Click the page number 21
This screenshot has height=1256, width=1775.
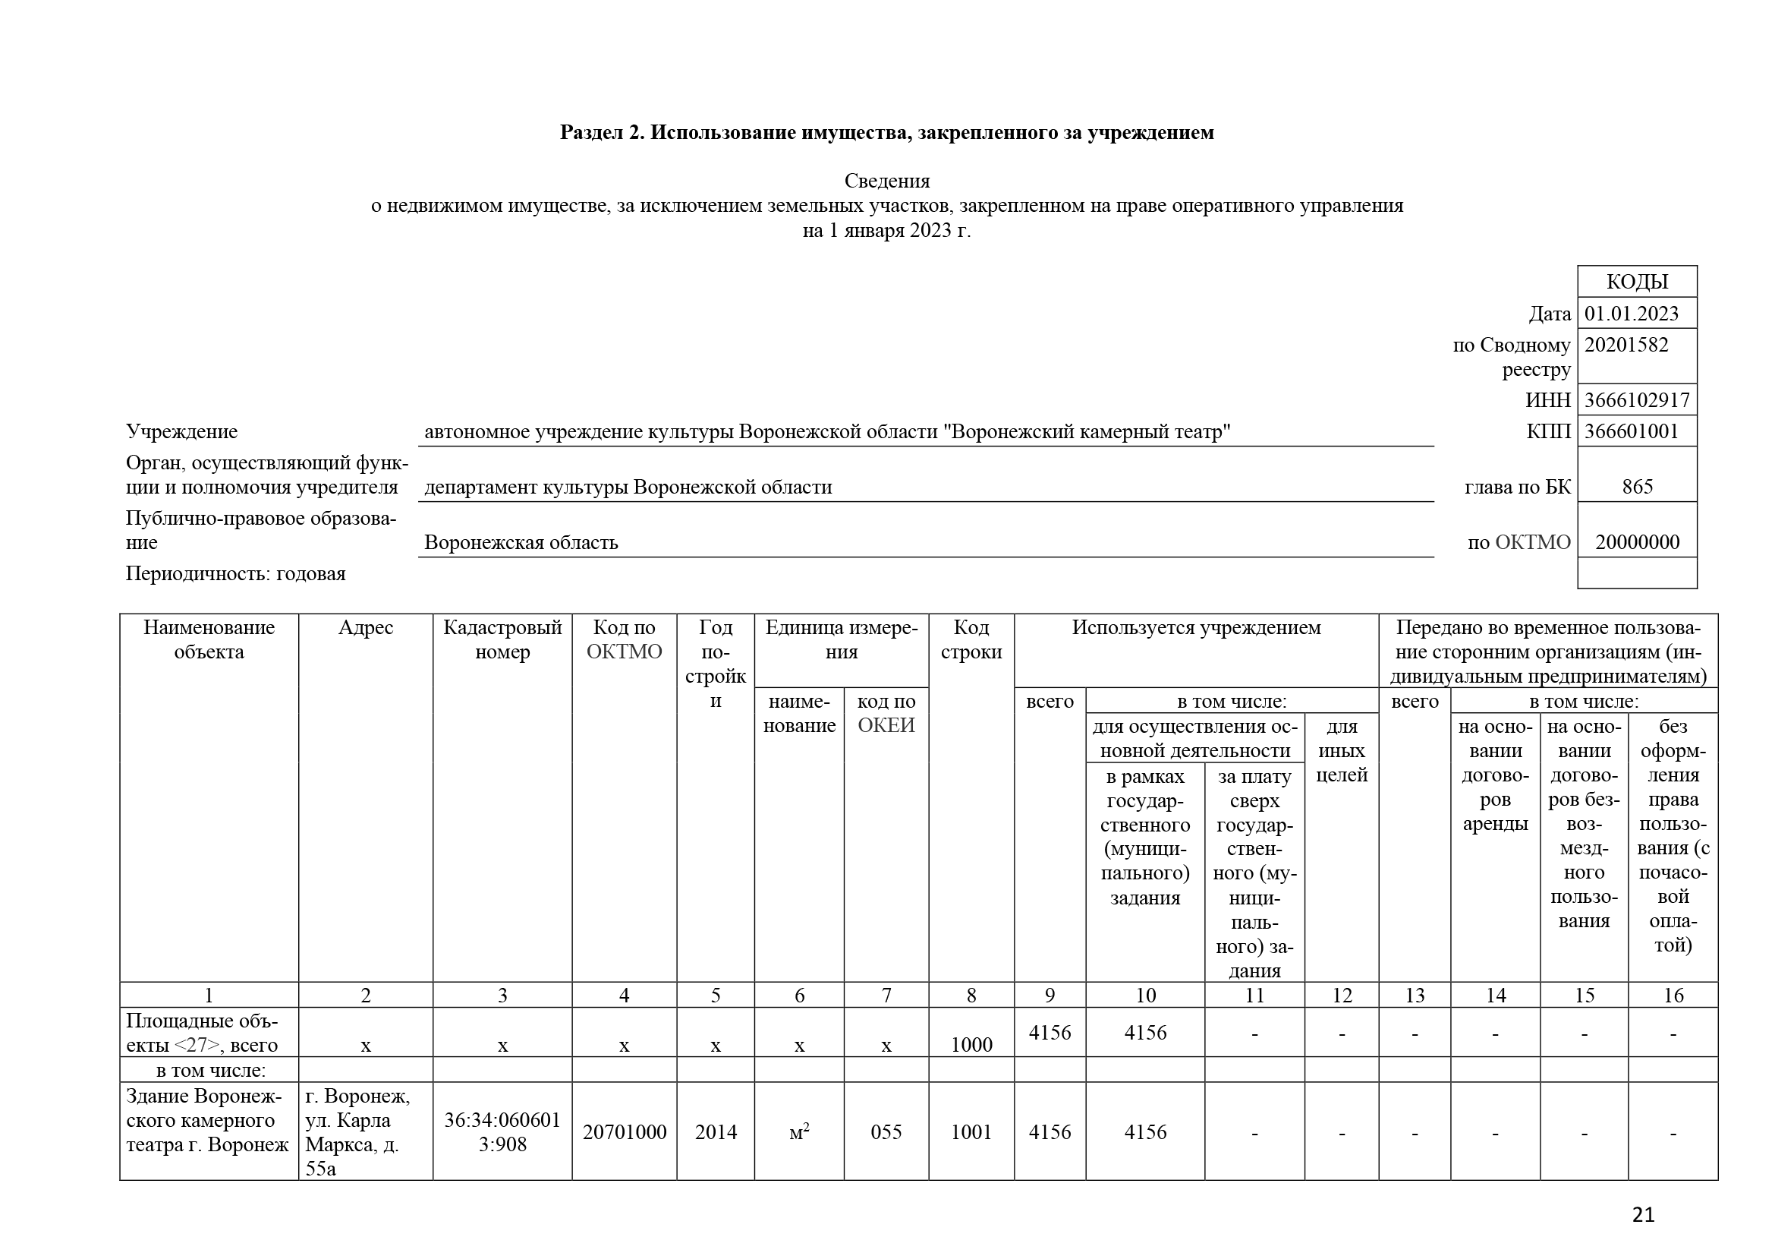[x=1643, y=1214]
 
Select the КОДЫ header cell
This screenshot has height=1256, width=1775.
[x=1637, y=282]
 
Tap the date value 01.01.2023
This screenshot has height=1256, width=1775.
[x=1632, y=313]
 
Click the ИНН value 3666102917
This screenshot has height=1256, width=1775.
[x=1637, y=400]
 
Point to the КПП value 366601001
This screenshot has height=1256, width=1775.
[x=1632, y=431]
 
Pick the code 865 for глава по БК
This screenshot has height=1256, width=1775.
[x=1637, y=487]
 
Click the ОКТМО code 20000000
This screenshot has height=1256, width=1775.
[x=1637, y=542]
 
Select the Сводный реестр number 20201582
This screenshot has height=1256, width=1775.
[x=1626, y=345]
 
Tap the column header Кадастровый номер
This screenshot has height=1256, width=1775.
[x=502, y=639]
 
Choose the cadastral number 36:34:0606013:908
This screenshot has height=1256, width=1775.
[x=502, y=1131]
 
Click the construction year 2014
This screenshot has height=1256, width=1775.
[x=715, y=1132]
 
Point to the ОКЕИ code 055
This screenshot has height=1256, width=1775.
[x=886, y=1132]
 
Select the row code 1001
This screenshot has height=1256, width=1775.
[x=971, y=1132]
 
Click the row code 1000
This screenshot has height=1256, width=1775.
[x=971, y=1045]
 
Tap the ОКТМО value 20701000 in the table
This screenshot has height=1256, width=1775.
[x=624, y=1132]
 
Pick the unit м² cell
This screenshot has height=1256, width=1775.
[x=798, y=1132]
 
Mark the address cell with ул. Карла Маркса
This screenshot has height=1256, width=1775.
[x=365, y=1131]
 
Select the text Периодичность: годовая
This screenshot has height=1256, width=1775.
[x=236, y=574]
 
